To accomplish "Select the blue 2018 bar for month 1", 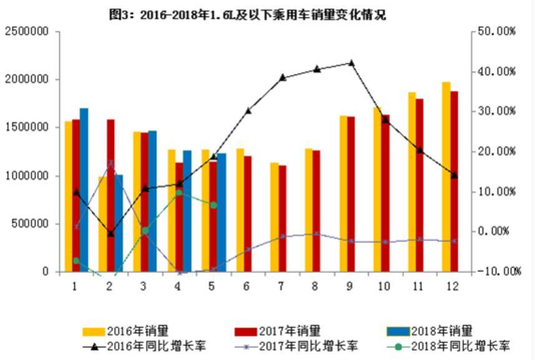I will click(x=84, y=190).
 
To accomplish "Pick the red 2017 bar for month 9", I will click(x=351, y=194).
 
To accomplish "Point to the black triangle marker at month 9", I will click(x=351, y=62).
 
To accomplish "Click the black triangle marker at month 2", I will click(x=110, y=234).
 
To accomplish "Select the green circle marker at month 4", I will click(x=179, y=192).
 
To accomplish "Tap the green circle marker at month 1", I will click(x=76, y=260).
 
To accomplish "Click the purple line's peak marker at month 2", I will click(x=111, y=163).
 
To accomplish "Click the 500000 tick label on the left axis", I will click(x=29, y=224).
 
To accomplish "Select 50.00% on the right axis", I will click(x=497, y=31).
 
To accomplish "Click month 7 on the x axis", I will click(x=282, y=286).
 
